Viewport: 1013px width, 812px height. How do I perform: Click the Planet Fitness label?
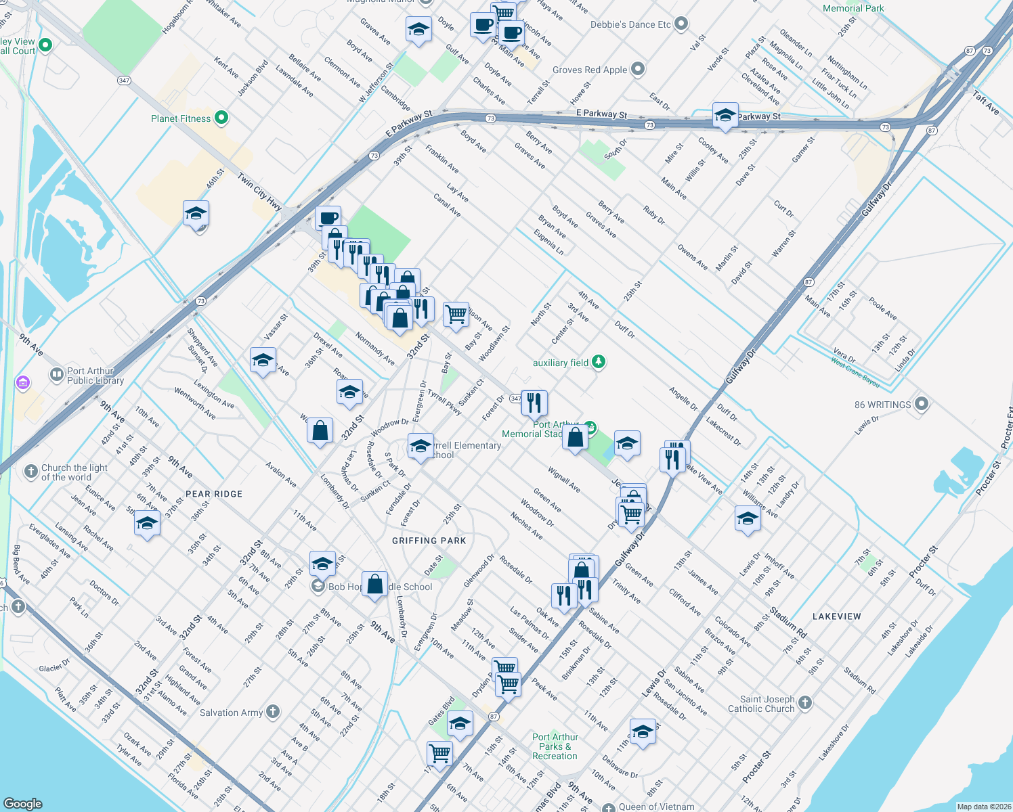tap(181, 118)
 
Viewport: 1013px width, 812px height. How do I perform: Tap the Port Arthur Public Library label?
tap(95, 376)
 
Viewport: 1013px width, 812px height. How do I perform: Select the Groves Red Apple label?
tap(590, 70)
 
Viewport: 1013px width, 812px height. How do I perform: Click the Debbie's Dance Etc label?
tap(630, 24)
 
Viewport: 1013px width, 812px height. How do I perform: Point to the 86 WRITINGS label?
tap(882, 405)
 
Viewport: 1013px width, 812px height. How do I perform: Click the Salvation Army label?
tap(231, 713)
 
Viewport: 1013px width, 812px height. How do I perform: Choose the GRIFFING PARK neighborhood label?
tap(429, 541)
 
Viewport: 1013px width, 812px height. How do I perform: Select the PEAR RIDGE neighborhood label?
tap(214, 494)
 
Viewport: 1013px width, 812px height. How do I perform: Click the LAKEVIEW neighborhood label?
tap(837, 616)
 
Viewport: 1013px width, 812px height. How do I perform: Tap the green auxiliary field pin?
tap(598, 362)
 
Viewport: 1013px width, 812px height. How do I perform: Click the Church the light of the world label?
tap(74, 472)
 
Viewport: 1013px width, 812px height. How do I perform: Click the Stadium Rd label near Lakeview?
tap(788, 624)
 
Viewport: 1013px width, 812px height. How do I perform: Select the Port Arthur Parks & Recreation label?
tap(555, 746)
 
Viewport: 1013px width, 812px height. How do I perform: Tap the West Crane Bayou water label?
tap(855, 372)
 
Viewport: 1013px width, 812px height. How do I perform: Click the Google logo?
tap(23, 803)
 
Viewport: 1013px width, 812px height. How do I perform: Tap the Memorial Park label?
tap(853, 8)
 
